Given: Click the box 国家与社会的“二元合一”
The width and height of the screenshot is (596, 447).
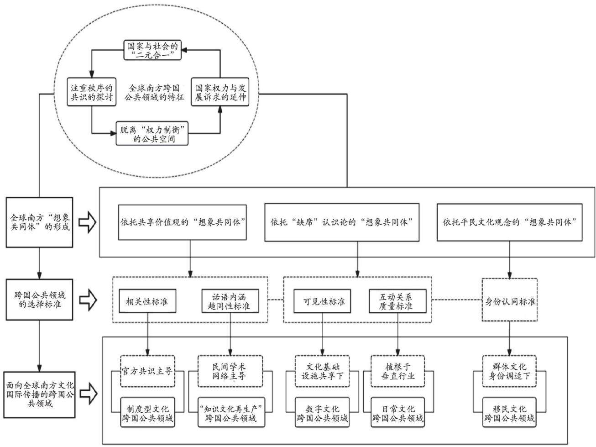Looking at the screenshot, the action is (152, 50).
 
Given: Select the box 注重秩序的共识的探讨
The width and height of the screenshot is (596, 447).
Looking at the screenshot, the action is (92, 92).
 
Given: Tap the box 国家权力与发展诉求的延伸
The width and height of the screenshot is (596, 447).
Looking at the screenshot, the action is (220, 92).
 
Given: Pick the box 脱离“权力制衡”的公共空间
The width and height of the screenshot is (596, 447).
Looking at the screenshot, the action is (152, 134).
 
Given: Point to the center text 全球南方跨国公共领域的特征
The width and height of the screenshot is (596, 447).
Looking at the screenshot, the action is (154, 92).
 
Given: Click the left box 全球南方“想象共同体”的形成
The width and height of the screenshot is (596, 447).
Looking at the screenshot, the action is (39, 222).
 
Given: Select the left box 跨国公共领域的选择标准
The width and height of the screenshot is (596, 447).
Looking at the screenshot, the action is (39, 300).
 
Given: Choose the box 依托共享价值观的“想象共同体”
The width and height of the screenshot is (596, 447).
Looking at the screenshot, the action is (182, 222).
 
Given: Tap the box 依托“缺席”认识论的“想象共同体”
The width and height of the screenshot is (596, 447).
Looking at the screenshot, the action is (342, 222).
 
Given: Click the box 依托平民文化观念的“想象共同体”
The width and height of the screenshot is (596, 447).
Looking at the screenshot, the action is (509, 222).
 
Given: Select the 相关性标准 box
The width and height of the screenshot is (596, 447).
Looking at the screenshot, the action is (147, 301).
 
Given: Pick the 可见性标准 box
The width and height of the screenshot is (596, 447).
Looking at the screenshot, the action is (322, 301).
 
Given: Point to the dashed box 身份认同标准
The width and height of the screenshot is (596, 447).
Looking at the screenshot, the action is (510, 300).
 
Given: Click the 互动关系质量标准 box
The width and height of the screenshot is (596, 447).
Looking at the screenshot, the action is (397, 301).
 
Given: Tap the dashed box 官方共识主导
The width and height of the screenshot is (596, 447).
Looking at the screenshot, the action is (147, 371).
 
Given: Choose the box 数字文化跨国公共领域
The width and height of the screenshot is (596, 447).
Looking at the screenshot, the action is (322, 412).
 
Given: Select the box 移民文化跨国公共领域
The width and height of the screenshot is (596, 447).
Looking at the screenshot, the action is (509, 412).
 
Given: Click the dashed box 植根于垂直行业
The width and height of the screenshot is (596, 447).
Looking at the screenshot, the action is (398, 371).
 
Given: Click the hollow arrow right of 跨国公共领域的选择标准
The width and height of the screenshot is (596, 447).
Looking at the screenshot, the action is (88, 300).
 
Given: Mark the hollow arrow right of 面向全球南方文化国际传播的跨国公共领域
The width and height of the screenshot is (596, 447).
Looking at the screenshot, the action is (89, 394).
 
